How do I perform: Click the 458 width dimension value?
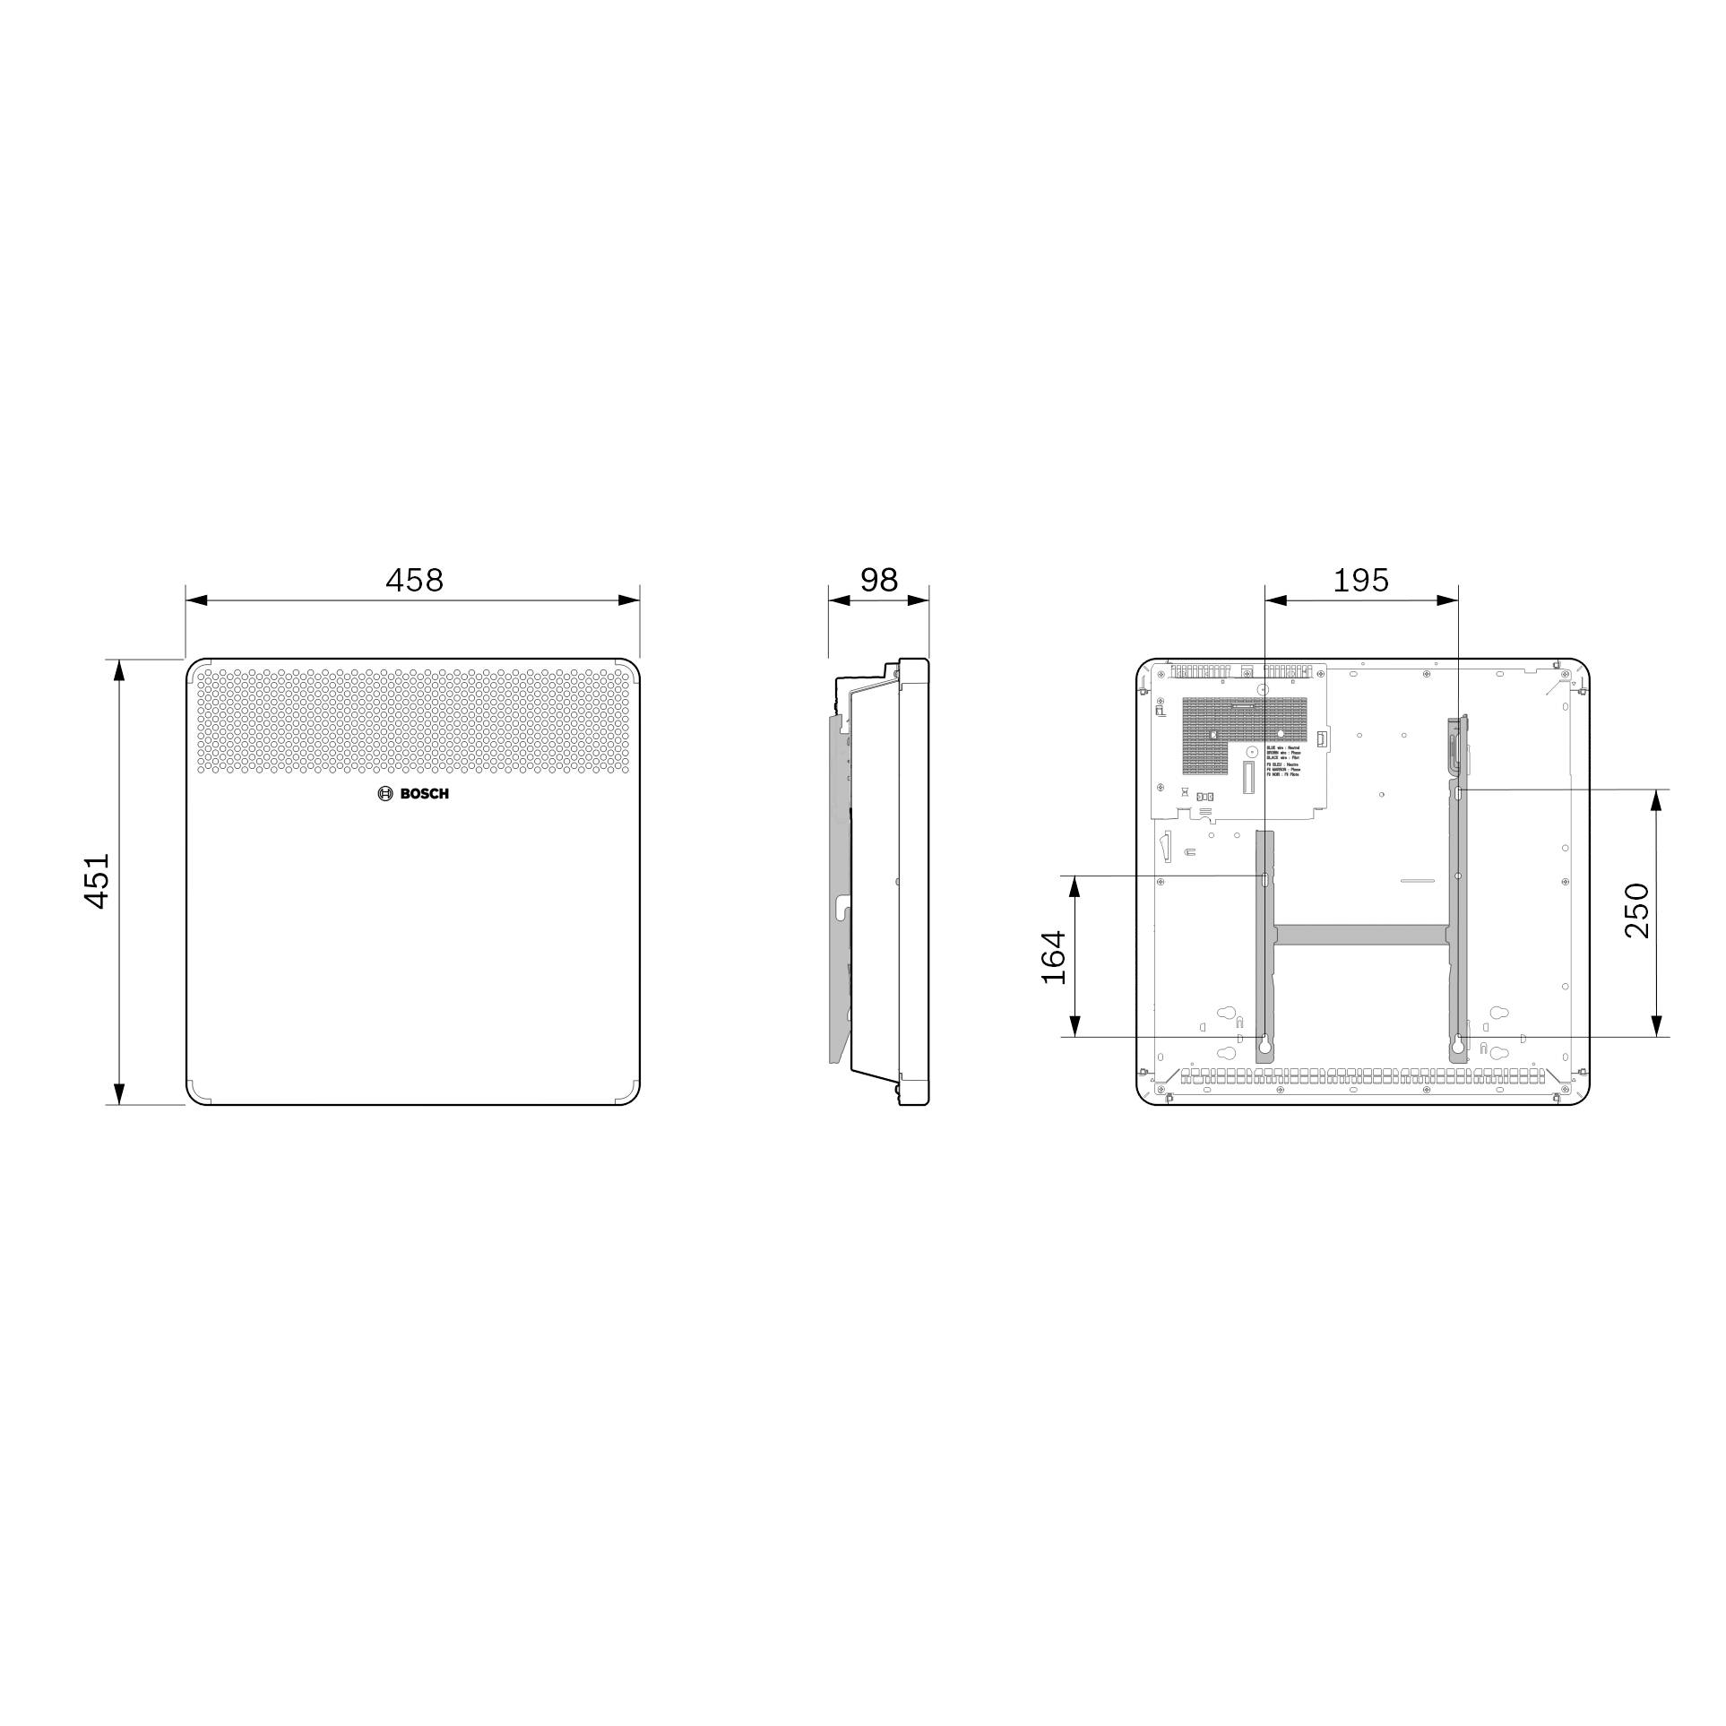(x=414, y=581)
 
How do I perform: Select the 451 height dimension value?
(x=97, y=881)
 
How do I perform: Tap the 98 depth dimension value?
(x=878, y=581)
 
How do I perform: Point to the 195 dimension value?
(x=1360, y=581)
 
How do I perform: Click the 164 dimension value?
(x=1055, y=957)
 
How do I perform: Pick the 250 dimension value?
(x=1636, y=910)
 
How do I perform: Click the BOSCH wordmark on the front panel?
(x=424, y=794)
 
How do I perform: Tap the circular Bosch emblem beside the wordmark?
(x=385, y=794)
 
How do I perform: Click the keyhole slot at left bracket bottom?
(x=1264, y=1044)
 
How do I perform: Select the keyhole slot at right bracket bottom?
(x=1458, y=1044)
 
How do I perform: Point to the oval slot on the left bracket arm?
(x=1264, y=880)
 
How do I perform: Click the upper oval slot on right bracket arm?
(x=1459, y=793)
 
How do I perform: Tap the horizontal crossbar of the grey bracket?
(x=1360, y=936)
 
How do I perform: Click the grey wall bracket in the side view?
(x=840, y=896)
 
